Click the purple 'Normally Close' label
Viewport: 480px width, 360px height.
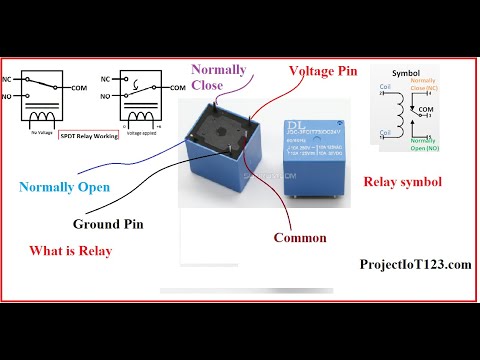pyautogui.click(x=219, y=78)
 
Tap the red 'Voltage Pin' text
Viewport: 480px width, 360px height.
pyautogui.click(x=323, y=71)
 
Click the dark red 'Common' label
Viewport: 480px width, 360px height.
pyautogui.click(x=301, y=238)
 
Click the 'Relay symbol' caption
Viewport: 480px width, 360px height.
pyautogui.click(x=402, y=182)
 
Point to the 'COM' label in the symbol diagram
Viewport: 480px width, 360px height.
pyautogui.click(x=425, y=109)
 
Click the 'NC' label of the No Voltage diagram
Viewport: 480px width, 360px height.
pyautogui.click(x=10, y=78)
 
